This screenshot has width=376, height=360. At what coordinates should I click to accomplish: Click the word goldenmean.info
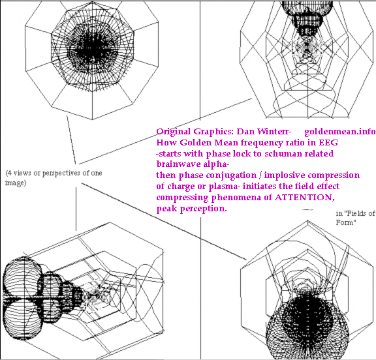(x=340, y=132)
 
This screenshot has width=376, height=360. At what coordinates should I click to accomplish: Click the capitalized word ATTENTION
(x=304, y=198)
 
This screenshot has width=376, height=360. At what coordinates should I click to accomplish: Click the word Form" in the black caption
(x=346, y=222)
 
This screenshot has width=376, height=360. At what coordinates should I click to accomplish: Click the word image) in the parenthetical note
(x=16, y=183)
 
